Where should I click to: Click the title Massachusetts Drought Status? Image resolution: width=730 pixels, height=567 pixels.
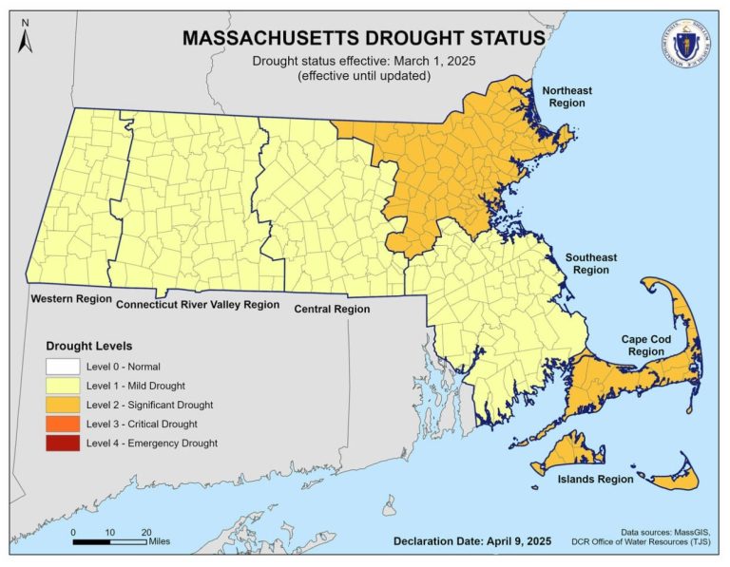(x=364, y=37)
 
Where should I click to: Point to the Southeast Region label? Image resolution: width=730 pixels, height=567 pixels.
(x=591, y=264)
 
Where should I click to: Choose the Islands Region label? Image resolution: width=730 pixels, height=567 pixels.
(x=595, y=479)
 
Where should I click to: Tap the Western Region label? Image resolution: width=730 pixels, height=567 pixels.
(x=69, y=299)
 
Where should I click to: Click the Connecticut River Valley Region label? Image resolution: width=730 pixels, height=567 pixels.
(x=198, y=305)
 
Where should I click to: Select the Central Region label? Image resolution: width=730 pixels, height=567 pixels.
(x=332, y=309)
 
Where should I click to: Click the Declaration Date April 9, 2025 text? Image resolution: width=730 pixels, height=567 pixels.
(x=471, y=541)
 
